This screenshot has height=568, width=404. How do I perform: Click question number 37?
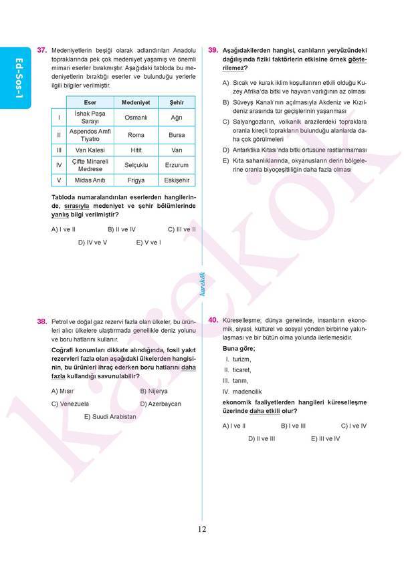tap(41, 50)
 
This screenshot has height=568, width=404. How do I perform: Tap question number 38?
tap(41, 321)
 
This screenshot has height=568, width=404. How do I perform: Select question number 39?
tap(213, 50)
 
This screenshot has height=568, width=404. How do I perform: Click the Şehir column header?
tap(177, 102)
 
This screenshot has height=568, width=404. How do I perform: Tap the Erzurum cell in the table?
tap(177, 165)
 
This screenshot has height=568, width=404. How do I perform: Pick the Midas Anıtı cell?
tap(90, 180)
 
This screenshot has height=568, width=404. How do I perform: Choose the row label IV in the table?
tap(59, 165)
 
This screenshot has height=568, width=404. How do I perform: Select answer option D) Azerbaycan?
tap(161, 404)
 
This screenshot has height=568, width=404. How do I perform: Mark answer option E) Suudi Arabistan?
tap(110, 416)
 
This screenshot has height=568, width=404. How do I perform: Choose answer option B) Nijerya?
tap(154, 391)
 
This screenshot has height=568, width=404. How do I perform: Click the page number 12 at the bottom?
tap(201, 530)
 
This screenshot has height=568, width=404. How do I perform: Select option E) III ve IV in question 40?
tap(325, 438)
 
